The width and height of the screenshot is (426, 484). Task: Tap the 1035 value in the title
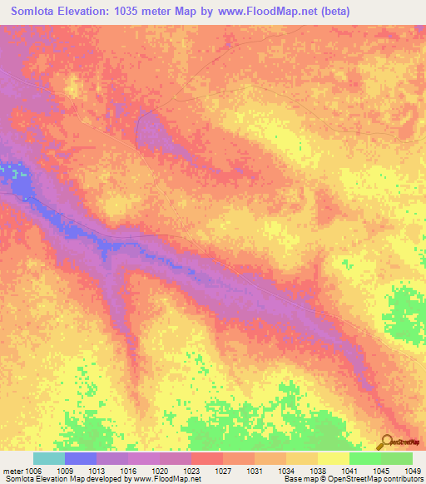(131, 12)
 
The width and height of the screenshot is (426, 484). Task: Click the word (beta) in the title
(333, 12)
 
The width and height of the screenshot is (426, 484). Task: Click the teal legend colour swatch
(49, 458)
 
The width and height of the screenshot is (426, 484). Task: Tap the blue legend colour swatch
(81, 458)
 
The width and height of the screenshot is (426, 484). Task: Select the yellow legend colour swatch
(333, 458)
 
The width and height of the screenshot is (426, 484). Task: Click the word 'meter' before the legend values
(13, 472)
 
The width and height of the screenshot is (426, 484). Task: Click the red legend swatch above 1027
(207, 458)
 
